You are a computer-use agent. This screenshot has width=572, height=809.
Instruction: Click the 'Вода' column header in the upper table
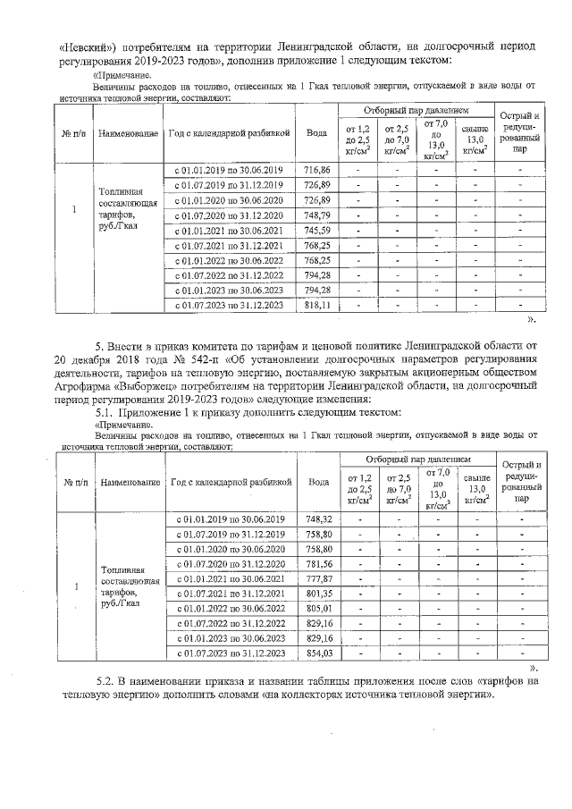(317, 132)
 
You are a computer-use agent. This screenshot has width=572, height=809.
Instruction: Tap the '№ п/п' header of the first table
(74, 132)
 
